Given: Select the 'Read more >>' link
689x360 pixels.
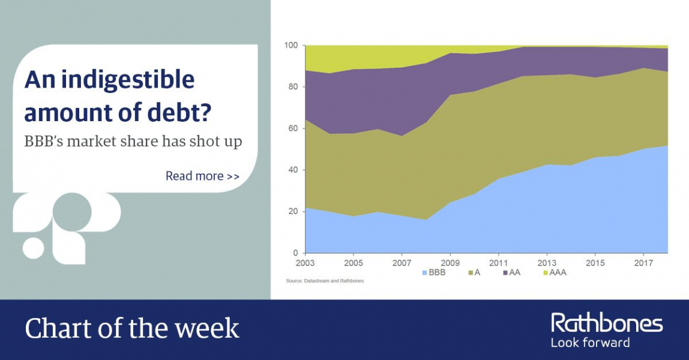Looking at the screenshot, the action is click(203, 176).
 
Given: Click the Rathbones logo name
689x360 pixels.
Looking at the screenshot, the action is click(607, 323).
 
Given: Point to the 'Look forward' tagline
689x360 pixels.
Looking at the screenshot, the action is click(590, 343).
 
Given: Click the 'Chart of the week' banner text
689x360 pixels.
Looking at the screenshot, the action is click(132, 328).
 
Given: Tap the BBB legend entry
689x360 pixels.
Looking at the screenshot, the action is click(434, 272).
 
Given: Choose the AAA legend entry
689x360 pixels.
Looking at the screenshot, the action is click(555, 272).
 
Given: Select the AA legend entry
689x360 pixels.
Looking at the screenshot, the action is click(512, 272).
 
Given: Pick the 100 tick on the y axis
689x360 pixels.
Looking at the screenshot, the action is click(291, 45).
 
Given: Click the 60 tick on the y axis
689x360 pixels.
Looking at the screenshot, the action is click(293, 128).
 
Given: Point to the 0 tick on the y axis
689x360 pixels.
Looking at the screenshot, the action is click(296, 253).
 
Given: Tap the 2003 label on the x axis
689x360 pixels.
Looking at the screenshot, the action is click(305, 263).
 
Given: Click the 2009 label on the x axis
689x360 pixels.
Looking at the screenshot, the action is click(450, 263).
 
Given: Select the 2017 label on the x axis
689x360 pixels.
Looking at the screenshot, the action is click(644, 263).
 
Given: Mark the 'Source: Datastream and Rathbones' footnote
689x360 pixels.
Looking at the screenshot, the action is click(325, 281).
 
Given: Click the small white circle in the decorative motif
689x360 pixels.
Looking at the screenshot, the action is click(34, 248).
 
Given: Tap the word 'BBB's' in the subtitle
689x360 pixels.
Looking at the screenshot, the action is click(42, 142).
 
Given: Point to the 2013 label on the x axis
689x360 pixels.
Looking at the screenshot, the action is click(547, 263).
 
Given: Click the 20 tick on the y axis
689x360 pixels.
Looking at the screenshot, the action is click(293, 211).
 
